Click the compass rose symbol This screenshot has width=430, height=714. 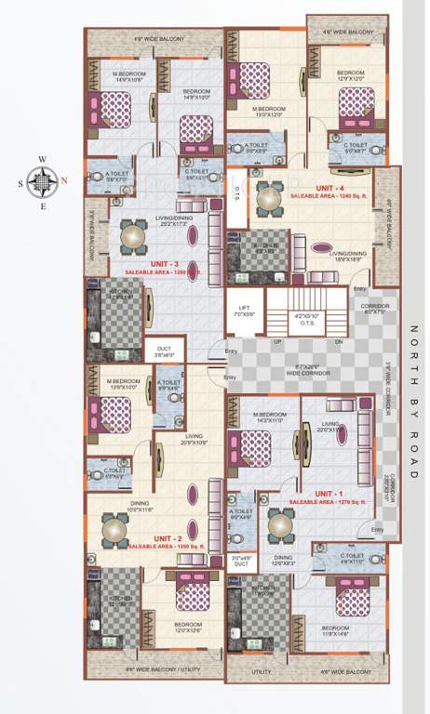(x=41, y=181)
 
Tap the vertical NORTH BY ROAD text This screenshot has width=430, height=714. (x=413, y=399)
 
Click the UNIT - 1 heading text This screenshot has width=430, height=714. (x=327, y=493)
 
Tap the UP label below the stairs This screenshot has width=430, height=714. (x=276, y=341)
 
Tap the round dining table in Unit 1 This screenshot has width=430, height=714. (x=282, y=526)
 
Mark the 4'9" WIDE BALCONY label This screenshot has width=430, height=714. (x=159, y=38)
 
